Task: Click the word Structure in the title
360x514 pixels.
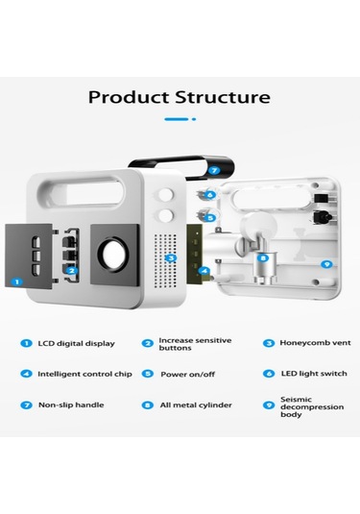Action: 223,97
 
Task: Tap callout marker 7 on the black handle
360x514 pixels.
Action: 214,170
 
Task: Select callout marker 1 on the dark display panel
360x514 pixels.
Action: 16,281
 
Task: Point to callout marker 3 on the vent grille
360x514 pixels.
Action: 171,258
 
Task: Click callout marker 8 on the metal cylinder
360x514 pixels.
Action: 263,258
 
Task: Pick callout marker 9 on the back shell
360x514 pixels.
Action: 326,264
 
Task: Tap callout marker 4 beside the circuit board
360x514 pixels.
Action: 204,270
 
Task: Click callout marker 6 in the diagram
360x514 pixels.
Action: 210,195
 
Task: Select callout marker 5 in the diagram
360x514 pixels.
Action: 210,217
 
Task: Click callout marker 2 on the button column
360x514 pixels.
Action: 72,270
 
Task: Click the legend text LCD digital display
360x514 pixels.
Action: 77,344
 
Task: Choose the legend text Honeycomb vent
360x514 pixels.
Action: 315,343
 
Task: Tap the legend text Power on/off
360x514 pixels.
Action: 188,374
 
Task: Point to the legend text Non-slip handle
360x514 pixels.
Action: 71,404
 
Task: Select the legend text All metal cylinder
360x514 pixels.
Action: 196,405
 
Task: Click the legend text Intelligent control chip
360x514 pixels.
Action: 84,374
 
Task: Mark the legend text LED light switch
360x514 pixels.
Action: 314,374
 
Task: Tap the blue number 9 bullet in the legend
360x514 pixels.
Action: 269,405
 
